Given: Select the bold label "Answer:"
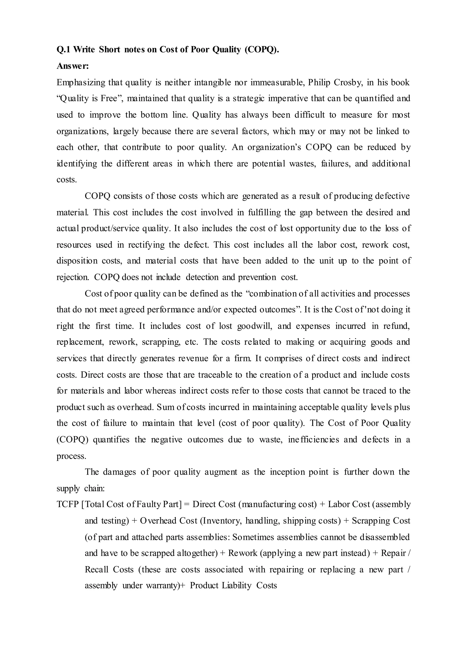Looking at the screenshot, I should [73, 66].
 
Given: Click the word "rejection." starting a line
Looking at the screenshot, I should [73, 277].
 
